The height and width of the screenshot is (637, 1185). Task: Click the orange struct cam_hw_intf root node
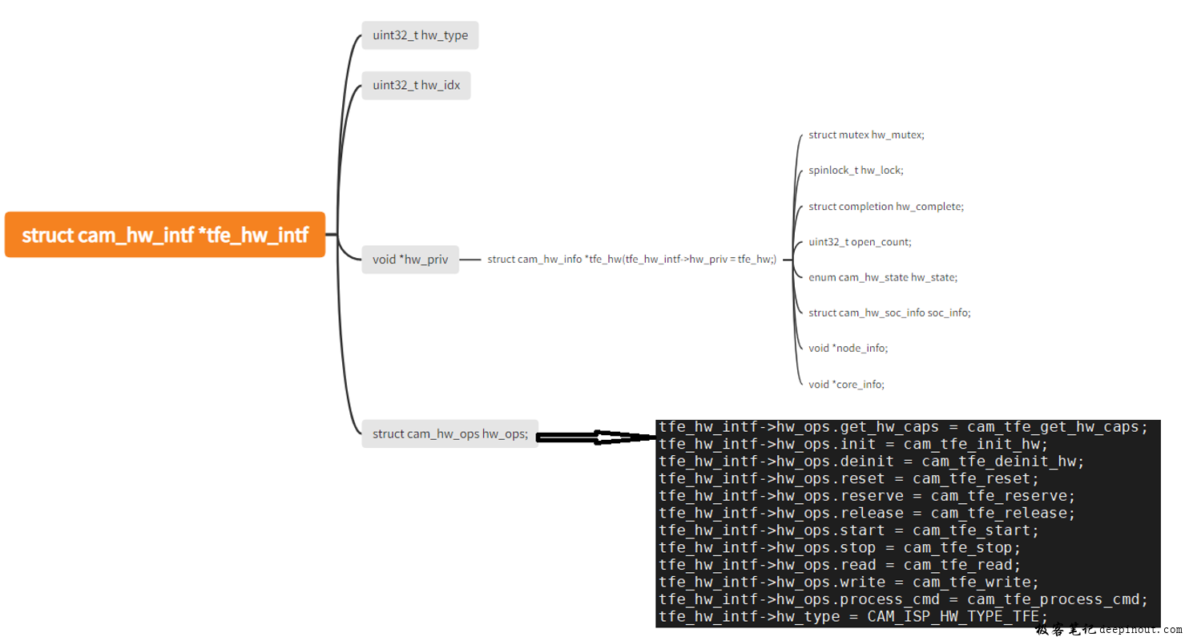point(165,235)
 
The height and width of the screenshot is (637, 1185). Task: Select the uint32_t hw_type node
point(420,35)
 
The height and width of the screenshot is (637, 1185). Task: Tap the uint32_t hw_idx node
point(416,85)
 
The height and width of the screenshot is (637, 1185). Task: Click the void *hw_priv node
point(410,259)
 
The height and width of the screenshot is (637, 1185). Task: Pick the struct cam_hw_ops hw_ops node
point(449,433)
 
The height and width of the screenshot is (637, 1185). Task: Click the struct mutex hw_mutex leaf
point(866,135)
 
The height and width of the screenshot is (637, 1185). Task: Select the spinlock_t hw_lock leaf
point(856,170)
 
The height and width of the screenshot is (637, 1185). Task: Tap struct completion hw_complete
point(886,206)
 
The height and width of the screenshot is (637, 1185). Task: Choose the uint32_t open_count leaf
point(860,241)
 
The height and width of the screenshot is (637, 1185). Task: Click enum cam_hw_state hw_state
point(883,277)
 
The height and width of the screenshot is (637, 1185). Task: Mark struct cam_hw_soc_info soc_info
point(889,312)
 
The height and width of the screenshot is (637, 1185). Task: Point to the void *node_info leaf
point(848,348)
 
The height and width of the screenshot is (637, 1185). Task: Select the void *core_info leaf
point(846,384)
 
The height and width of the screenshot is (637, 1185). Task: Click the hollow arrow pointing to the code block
point(596,437)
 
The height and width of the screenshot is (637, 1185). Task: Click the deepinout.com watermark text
point(1141,630)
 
